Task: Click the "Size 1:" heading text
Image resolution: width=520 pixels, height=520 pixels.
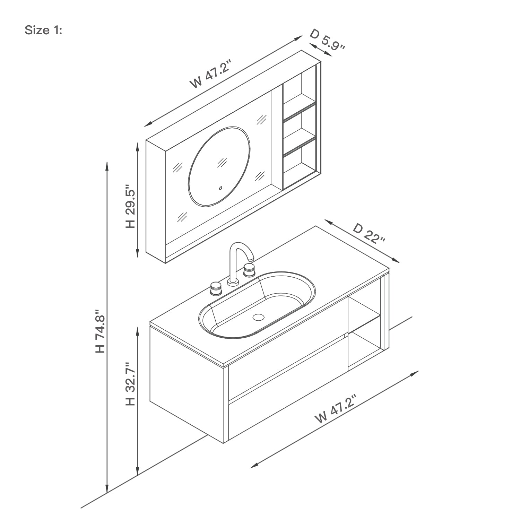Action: click(43, 31)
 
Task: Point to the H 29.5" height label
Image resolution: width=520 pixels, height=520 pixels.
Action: click(130, 206)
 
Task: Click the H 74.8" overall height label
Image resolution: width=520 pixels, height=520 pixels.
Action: click(100, 331)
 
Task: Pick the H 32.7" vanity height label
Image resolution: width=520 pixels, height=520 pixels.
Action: click(130, 384)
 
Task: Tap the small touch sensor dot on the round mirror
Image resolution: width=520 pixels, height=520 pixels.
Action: click(220, 188)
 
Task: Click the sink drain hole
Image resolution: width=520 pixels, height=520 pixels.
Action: click(258, 317)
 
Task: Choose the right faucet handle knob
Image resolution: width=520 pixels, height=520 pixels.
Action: click(249, 269)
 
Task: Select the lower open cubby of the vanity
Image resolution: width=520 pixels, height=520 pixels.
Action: click(364, 347)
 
